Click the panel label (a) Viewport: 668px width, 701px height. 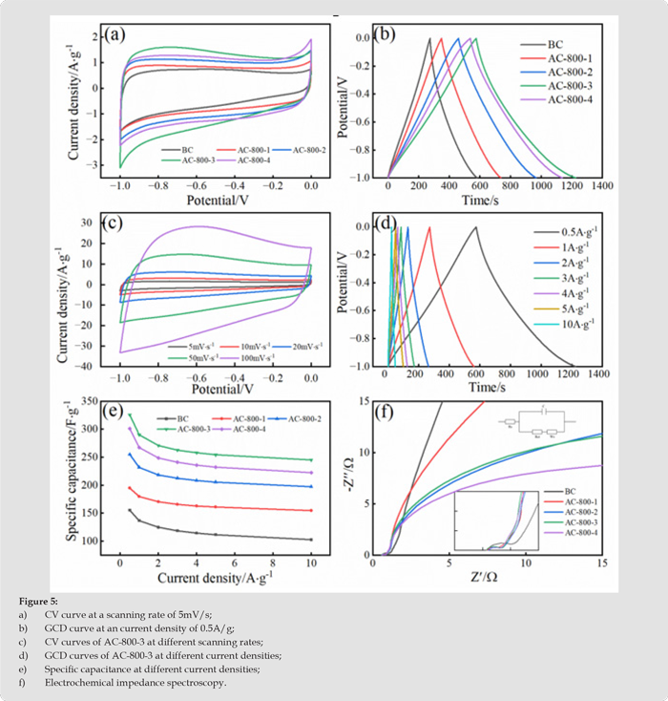[115, 36]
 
